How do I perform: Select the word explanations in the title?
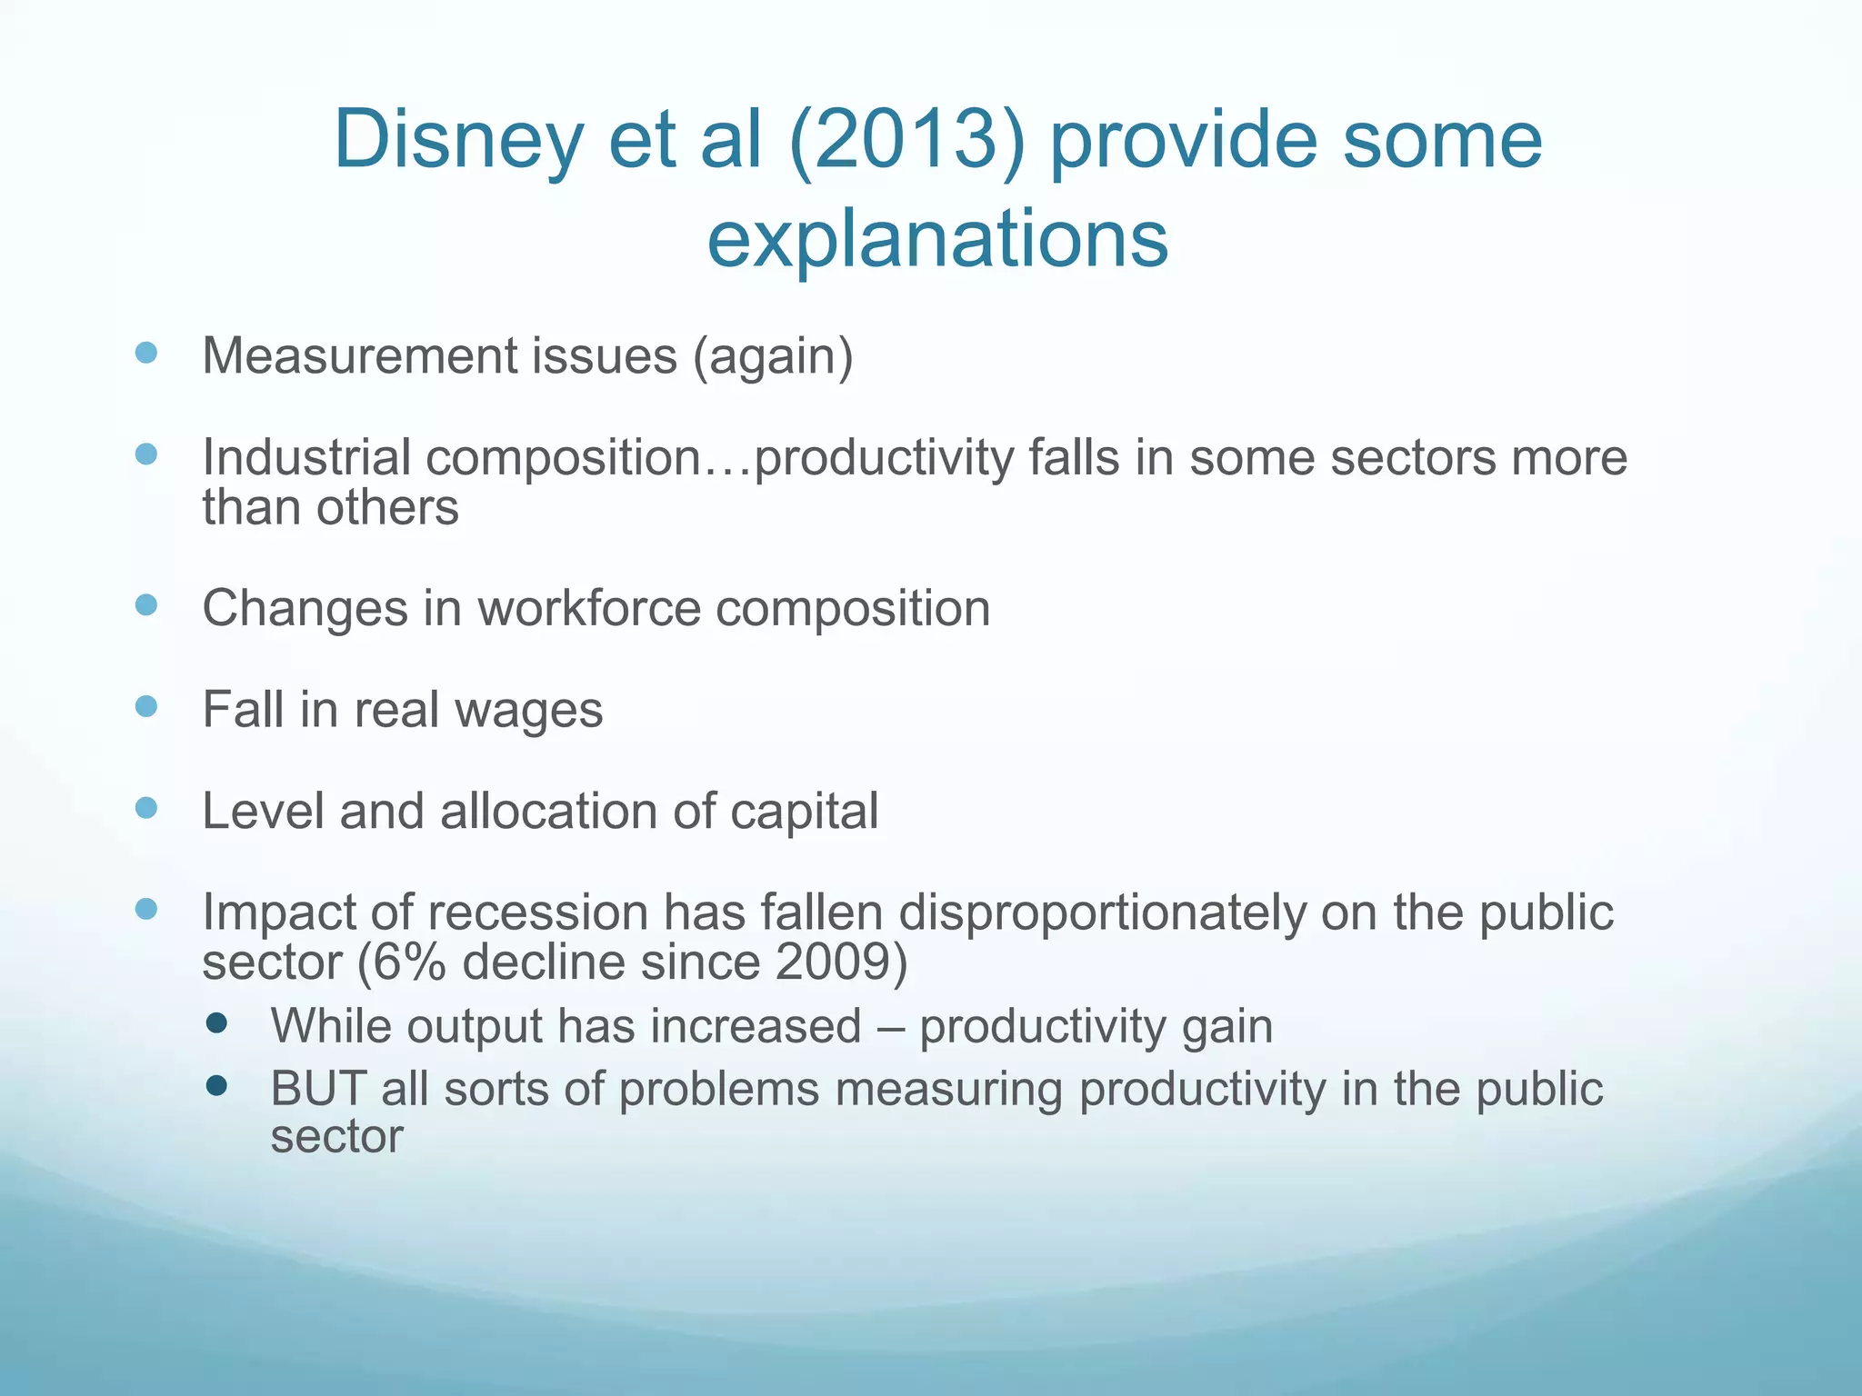(937, 239)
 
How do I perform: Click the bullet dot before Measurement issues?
(145, 353)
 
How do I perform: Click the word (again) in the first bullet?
(773, 355)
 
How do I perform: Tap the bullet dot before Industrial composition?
(145, 454)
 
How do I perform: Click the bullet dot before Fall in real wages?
(145, 706)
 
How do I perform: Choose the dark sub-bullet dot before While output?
(216, 1024)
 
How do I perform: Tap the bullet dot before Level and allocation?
(145, 808)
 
